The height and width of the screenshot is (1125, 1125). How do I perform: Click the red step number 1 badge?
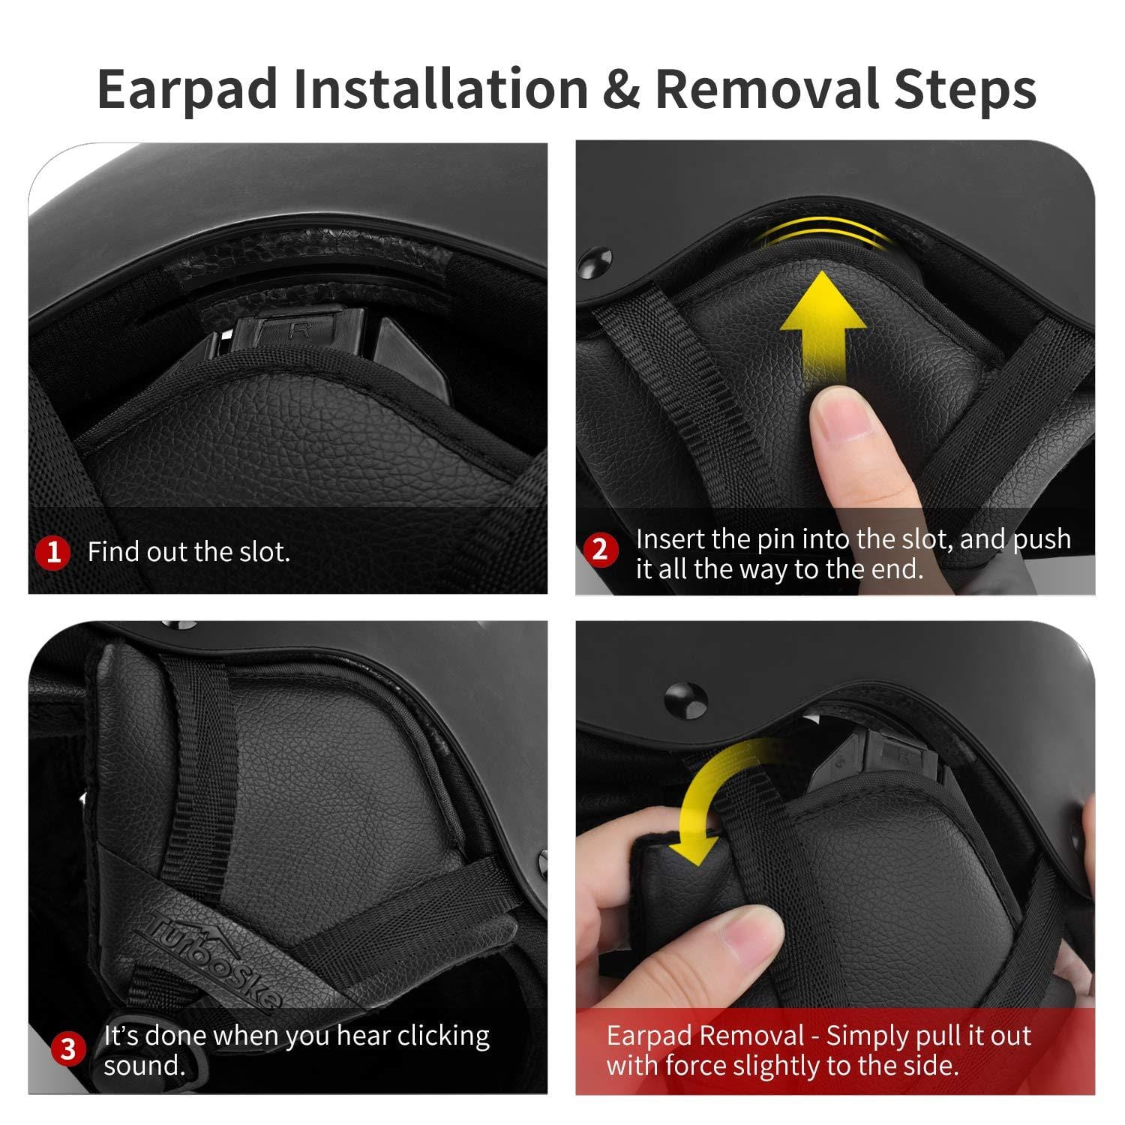pos(53,553)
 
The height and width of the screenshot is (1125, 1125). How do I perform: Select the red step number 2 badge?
pos(600,550)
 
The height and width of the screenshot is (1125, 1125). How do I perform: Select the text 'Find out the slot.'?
pos(189,552)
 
